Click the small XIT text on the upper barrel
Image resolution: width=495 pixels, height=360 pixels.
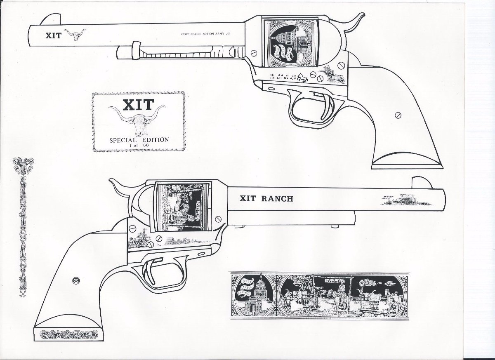54,35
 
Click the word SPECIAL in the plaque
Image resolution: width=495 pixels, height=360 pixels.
123,140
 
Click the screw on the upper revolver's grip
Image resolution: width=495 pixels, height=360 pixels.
398,115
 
